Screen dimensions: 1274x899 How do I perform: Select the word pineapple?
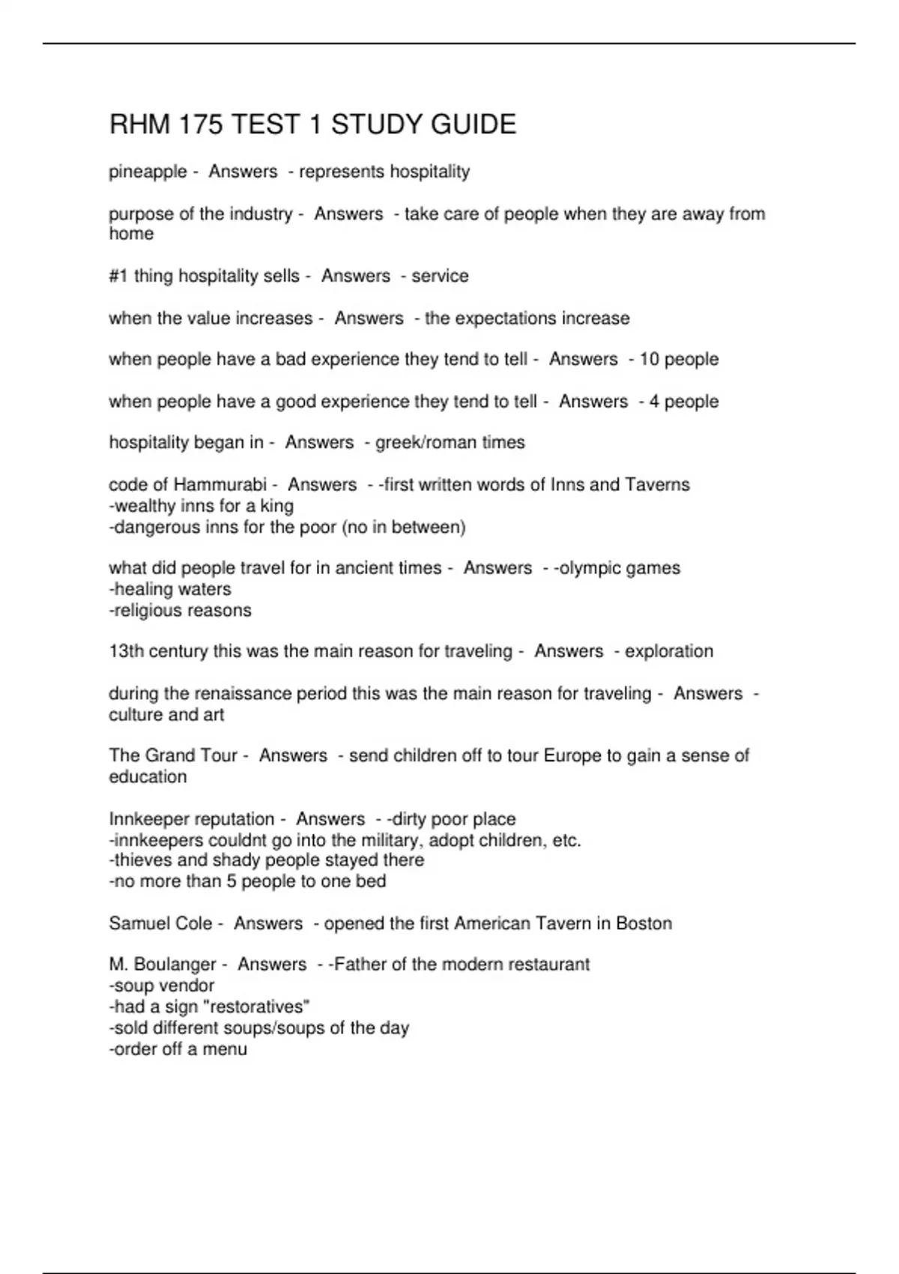click(x=148, y=172)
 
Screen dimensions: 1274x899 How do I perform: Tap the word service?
click(x=440, y=276)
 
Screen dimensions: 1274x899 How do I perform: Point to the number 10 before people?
click(x=649, y=359)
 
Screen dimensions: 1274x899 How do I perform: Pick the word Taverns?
click(x=657, y=484)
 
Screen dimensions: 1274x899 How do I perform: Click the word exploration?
click(x=669, y=650)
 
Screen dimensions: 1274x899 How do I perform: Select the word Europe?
click(x=573, y=755)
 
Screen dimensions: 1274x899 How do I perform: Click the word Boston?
click(x=644, y=923)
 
